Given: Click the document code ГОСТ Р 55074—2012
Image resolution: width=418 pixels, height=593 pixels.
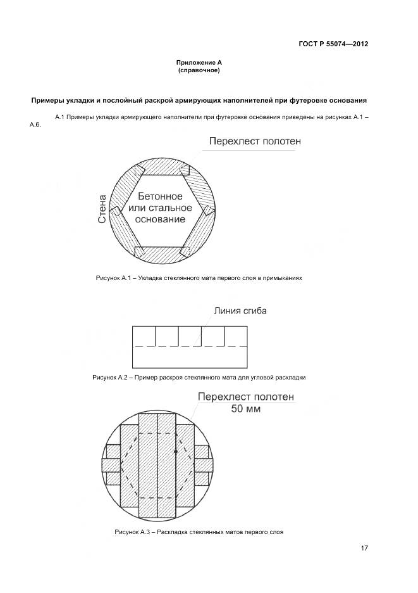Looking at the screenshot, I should [333, 44].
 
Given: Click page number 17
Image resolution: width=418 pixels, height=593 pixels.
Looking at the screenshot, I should [364, 548].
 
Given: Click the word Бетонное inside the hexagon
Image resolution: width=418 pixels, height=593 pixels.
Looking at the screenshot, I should [160, 196].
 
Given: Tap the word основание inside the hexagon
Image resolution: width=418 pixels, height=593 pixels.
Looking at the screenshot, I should [160, 220].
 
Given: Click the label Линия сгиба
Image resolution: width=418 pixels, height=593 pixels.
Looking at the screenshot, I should [240, 310].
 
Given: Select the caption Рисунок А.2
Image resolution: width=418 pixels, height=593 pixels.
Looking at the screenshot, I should [111, 377].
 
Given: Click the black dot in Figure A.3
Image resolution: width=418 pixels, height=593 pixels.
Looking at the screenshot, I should [175, 452].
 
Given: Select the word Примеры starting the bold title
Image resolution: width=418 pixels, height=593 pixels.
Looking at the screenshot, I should [48, 100].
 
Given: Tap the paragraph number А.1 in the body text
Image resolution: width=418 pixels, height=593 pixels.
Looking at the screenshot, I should [60, 117].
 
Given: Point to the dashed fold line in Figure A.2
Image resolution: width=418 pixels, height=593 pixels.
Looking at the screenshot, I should [190, 346].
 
